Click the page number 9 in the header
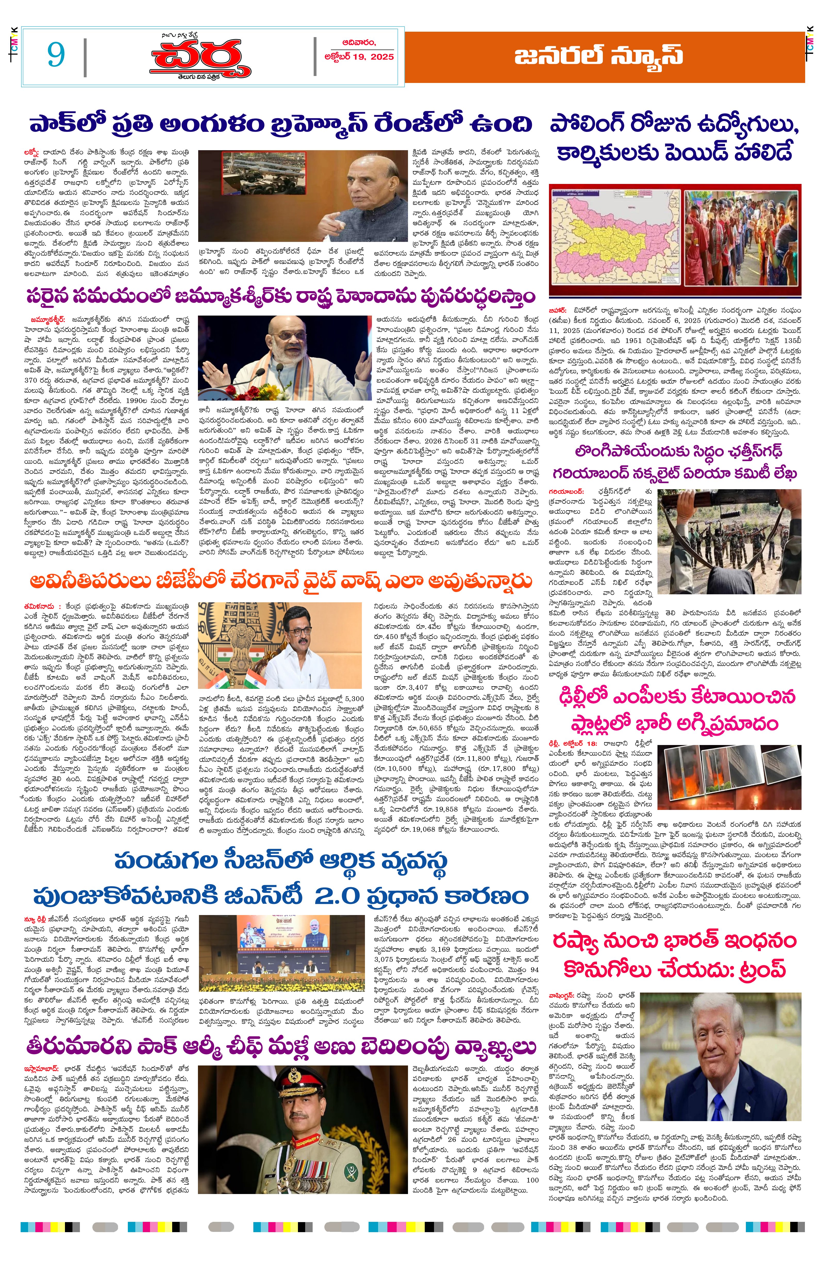tap(56, 54)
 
